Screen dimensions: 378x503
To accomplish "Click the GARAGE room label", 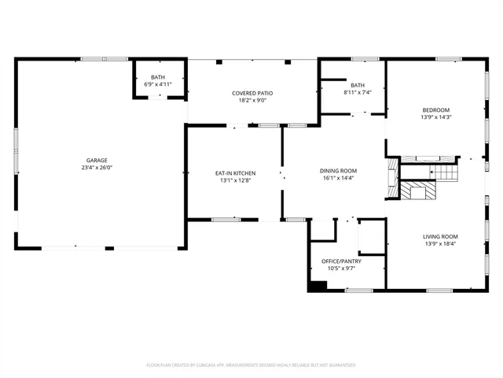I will coord(97,160).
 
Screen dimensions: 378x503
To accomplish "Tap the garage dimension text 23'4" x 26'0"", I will coord(97,167).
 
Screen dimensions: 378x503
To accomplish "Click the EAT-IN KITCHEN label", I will coord(236,172).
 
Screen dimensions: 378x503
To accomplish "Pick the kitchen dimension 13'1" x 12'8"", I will coord(236,180).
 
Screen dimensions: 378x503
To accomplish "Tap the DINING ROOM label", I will coord(338,171).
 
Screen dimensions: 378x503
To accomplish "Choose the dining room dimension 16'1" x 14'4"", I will coord(338,178).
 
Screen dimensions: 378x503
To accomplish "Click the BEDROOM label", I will coord(435,109).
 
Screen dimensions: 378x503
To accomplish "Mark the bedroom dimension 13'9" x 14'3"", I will coord(435,117).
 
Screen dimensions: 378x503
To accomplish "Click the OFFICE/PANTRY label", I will coord(340,261).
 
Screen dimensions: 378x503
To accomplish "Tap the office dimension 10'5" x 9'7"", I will coord(340,268).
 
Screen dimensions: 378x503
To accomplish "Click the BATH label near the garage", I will coord(158,77).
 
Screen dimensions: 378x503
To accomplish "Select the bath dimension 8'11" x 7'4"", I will coord(358,92).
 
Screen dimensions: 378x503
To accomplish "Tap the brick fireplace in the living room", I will coord(419,191).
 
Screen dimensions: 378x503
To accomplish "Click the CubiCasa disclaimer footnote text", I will coord(251,365).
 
